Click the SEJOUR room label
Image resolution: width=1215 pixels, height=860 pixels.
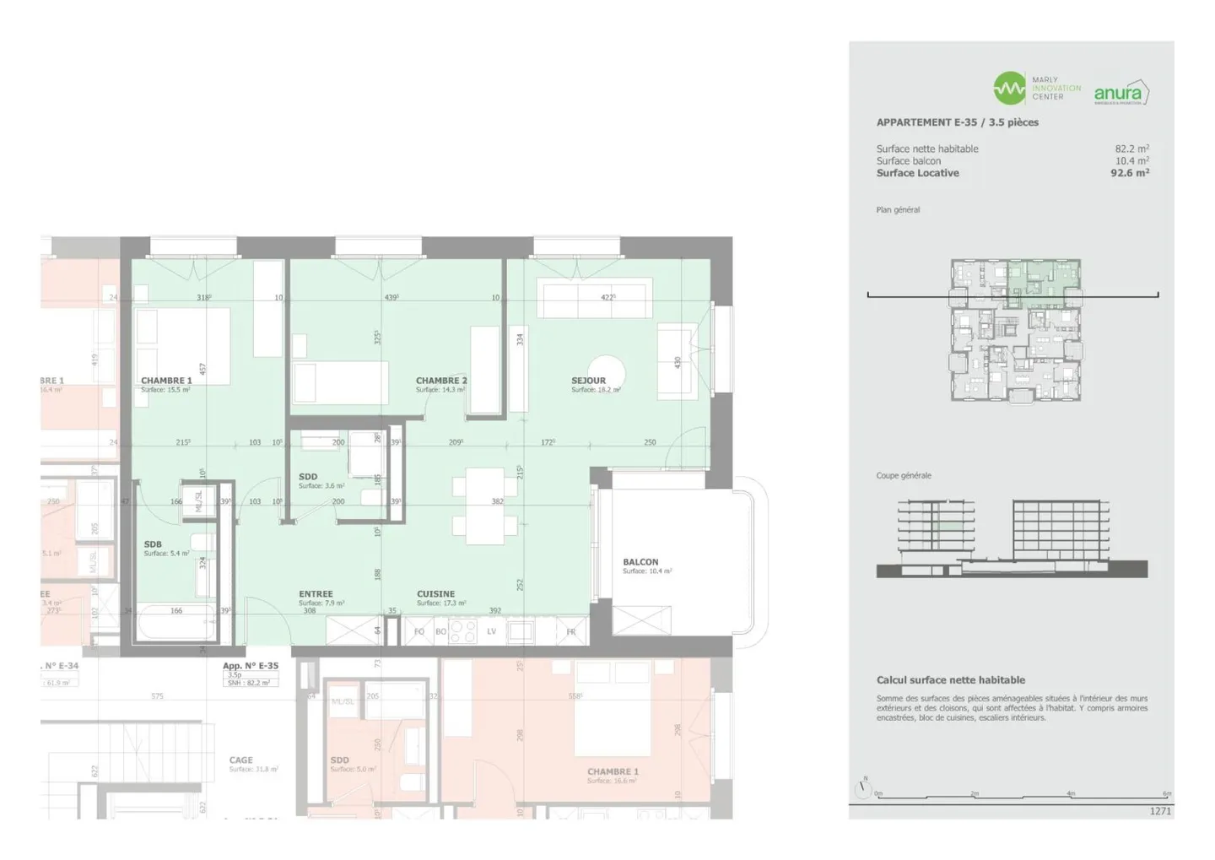(x=588, y=381)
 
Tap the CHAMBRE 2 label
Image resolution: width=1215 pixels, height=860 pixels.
(x=440, y=381)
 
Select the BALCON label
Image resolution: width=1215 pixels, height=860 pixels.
(x=640, y=562)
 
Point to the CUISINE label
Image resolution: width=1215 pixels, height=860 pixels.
(x=435, y=594)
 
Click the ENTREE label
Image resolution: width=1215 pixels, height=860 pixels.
(x=316, y=594)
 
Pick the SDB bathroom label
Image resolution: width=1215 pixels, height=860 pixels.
(x=153, y=544)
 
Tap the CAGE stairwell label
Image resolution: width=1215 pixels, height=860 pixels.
(x=240, y=760)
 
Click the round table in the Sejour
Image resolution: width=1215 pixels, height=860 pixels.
(x=607, y=371)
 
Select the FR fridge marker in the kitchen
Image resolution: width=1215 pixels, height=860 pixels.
(x=571, y=631)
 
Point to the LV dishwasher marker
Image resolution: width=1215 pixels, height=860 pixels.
(x=491, y=631)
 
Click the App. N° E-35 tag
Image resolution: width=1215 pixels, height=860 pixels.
(x=251, y=666)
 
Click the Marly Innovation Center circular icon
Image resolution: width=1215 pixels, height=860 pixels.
(x=1009, y=88)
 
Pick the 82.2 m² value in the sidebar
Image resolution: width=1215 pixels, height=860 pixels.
(x=1131, y=149)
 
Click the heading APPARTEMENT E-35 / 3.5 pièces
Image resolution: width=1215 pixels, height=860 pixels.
(x=957, y=122)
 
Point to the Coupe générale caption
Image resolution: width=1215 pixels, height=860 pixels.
(x=904, y=476)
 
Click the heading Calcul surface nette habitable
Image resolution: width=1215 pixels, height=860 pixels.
(x=950, y=680)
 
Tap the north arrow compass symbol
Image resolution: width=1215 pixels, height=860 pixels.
(x=862, y=788)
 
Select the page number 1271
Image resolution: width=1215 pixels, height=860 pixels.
(x=1160, y=811)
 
